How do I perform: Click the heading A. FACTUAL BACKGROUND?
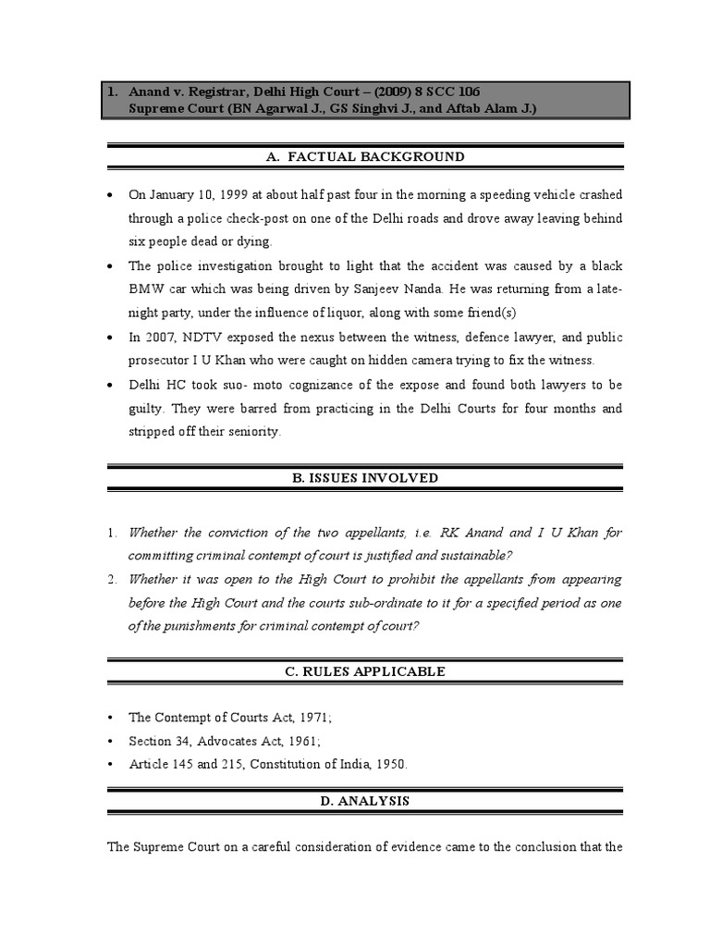click(364, 157)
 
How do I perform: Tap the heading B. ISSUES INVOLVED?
click(364, 478)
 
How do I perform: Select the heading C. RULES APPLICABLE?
click(364, 671)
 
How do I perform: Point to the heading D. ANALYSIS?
click(364, 801)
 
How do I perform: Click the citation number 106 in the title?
click(467, 91)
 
